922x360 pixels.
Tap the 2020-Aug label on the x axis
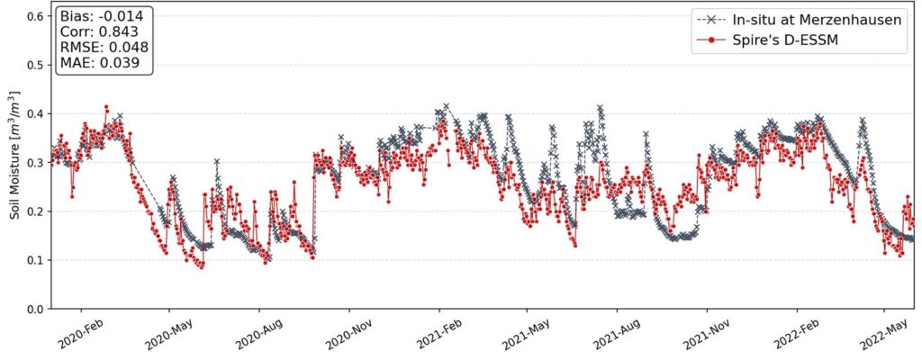pos(258,333)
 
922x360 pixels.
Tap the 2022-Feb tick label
pos(795,333)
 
